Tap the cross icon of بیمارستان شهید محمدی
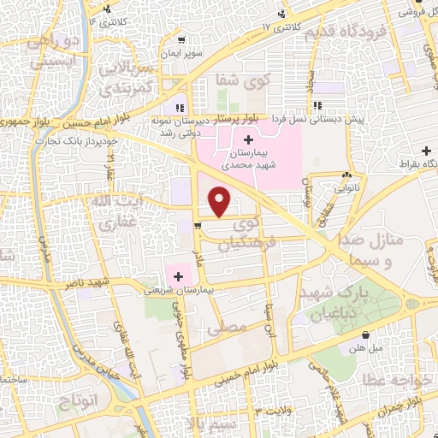(x=249, y=139)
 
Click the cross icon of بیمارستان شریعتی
(x=179, y=275)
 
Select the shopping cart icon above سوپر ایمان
(x=181, y=40)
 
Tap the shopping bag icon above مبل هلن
(x=367, y=334)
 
